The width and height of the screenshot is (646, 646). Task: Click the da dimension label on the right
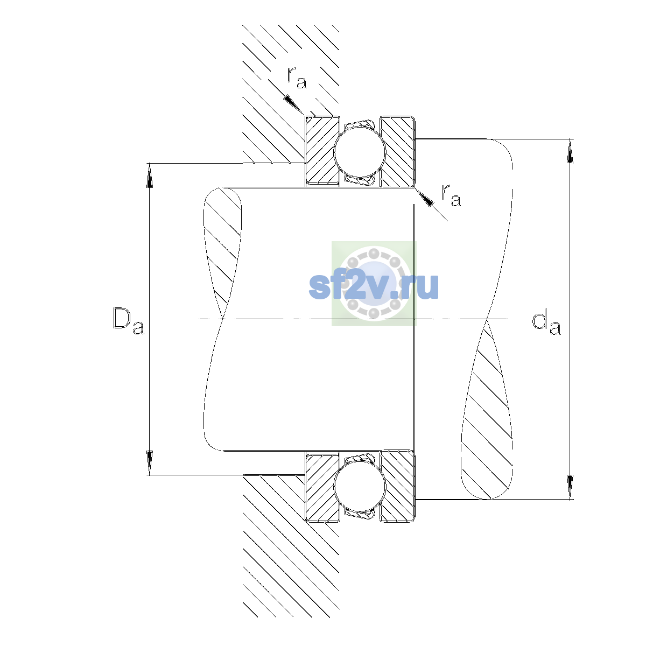[546, 324]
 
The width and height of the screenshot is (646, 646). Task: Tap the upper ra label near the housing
[297, 78]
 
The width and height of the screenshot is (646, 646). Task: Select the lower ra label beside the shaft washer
[451, 195]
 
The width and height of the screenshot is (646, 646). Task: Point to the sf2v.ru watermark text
[374, 286]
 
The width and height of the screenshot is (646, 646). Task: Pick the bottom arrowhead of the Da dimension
[150, 462]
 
